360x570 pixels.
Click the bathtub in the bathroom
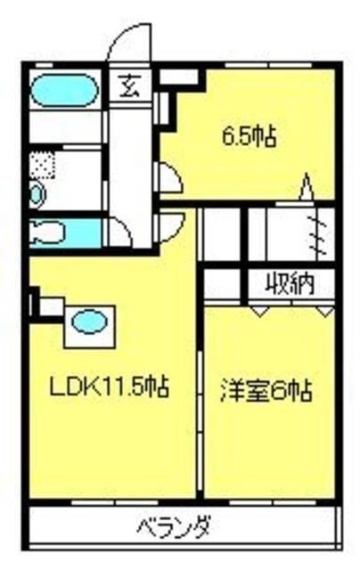click(x=65, y=90)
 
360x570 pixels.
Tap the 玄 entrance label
click(x=130, y=86)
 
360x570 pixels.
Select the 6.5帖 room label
click(x=250, y=137)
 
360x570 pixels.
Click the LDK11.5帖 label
click(x=109, y=387)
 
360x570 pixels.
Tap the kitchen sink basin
click(x=89, y=322)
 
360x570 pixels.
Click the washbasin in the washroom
click(x=37, y=194)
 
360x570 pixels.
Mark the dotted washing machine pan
click(x=42, y=165)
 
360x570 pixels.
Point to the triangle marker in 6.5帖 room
click(x=307, y=186)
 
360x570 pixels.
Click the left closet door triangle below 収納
click(x=259, y=311)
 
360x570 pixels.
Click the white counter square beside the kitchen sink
click(x=52, y=306)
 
